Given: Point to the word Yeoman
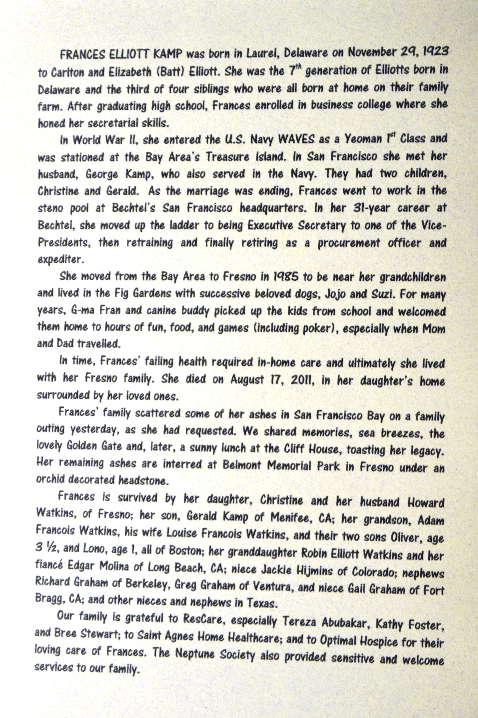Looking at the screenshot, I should pyautogui.click(x=363, y=139).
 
